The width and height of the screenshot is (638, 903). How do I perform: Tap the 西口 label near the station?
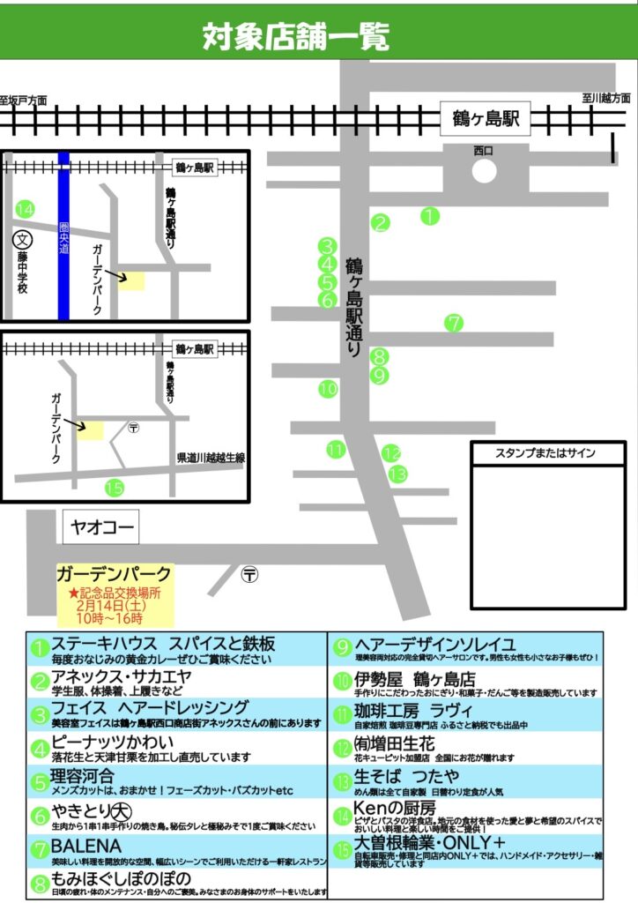[x=483, y=151]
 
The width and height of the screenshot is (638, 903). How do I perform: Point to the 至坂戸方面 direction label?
[x=24, y=100]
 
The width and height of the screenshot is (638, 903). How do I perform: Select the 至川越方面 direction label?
[x=606, y=98]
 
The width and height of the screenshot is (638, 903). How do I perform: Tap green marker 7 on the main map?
[x=454, y=323]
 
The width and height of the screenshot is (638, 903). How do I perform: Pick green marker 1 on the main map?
[x=429, y=214]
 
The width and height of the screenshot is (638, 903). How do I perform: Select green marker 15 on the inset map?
[x=114, y=487]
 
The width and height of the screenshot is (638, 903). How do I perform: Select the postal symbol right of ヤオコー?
[x=250, y=574]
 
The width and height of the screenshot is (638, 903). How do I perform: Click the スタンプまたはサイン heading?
[x=545, y=453]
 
